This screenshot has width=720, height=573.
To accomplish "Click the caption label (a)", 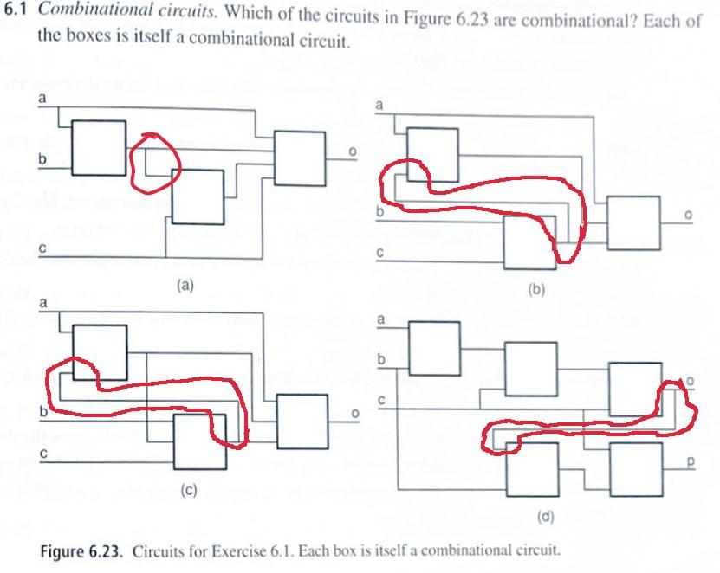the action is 185,286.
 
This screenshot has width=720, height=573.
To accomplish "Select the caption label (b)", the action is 535,290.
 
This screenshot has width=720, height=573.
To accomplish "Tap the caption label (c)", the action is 189,491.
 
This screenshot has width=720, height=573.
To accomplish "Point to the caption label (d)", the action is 546,517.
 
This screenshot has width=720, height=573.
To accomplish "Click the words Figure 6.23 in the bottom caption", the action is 81,550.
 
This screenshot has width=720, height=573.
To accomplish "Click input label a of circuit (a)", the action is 42,98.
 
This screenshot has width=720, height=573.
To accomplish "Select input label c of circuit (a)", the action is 42,248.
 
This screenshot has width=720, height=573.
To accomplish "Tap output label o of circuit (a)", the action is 352,151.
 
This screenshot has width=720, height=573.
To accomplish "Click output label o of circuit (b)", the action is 688,215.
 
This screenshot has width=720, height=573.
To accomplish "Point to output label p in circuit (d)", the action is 691,462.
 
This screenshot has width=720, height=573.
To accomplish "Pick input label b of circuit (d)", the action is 381,359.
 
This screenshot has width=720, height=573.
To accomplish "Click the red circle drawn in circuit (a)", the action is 156,163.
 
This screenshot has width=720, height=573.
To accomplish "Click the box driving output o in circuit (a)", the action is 301,158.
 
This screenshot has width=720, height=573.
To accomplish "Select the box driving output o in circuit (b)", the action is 633,223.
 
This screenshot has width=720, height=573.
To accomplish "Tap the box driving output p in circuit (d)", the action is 637,469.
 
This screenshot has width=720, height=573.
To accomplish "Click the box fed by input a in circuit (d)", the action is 434,349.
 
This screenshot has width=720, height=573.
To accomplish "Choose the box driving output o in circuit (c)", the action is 302,422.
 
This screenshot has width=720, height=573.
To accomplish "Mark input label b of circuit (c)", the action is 43,411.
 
